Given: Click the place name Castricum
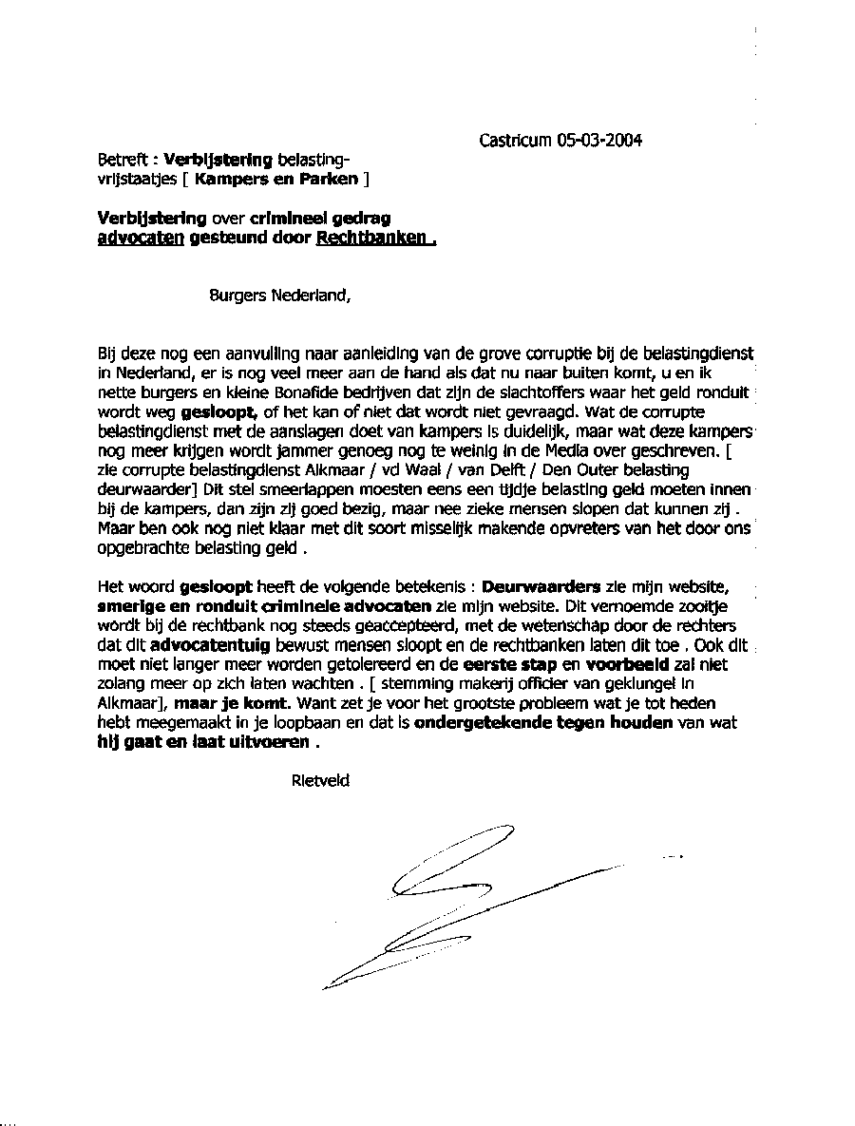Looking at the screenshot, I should coord(515,141).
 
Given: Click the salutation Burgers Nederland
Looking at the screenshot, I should coord(279,295).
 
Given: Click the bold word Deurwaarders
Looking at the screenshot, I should coord(541,586).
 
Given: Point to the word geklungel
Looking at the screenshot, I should coord(629,684).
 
